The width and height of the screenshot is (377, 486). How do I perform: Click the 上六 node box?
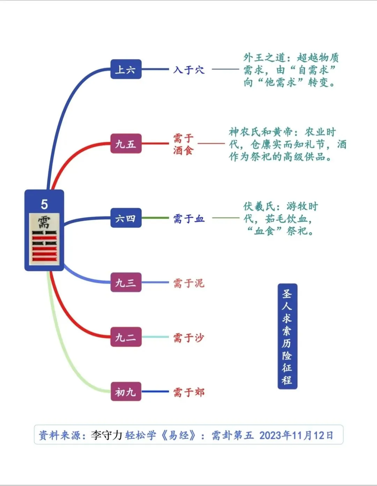pos(126,69)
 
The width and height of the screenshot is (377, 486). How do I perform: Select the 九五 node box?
pos(126,144)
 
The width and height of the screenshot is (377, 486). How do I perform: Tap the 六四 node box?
pos(126,219)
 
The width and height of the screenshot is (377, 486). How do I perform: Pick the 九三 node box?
pos(126,283)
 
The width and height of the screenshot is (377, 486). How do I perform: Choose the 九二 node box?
pos(126,337)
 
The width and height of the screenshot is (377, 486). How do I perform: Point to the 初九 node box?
pos(126,392)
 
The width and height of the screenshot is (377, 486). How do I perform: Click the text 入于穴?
pos(189,70)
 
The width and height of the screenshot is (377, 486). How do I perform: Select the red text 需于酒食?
pos(183,144)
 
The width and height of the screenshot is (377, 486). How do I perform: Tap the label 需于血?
pos(189,219)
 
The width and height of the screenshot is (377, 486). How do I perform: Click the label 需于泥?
pos(189,283)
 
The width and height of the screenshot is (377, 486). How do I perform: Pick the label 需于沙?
pos(189,337)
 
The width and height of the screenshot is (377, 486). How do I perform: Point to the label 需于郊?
pos(189,392)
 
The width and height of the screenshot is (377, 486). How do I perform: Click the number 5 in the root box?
pos(44,204)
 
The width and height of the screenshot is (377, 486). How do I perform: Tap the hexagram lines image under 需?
pos(44,246)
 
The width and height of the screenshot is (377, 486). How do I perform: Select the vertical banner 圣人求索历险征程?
pos(287,336)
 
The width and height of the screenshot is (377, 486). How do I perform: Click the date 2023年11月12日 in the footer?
pos(296,435)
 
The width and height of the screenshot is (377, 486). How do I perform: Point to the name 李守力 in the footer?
pos(106,435)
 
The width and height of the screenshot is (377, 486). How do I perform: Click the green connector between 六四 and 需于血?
pos(155,218)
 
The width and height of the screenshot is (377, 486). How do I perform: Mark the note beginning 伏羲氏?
pos(280,219)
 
